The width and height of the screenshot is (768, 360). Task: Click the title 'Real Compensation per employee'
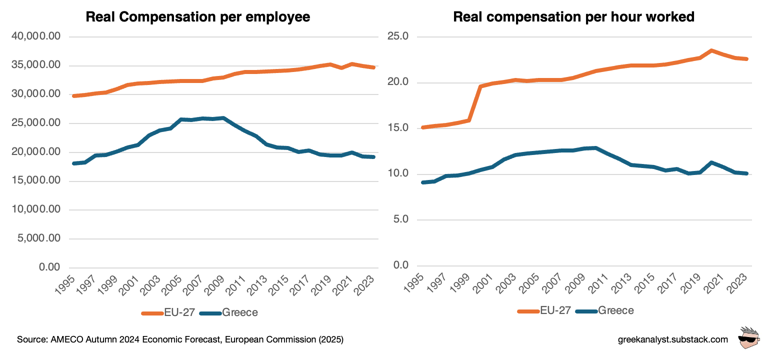coord(198,16)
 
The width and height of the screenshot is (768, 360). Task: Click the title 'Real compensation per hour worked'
coord(573,16)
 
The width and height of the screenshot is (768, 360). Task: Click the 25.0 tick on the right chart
coord(398,36)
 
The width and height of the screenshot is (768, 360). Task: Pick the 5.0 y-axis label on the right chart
coord(401,219)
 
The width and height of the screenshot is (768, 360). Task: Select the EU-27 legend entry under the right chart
coord(544,310)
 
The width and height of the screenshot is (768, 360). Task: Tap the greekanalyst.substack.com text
coord(673,340)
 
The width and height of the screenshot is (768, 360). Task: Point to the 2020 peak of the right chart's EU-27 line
coord(710,50)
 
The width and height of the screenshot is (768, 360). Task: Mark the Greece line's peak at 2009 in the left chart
coord(223,118)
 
